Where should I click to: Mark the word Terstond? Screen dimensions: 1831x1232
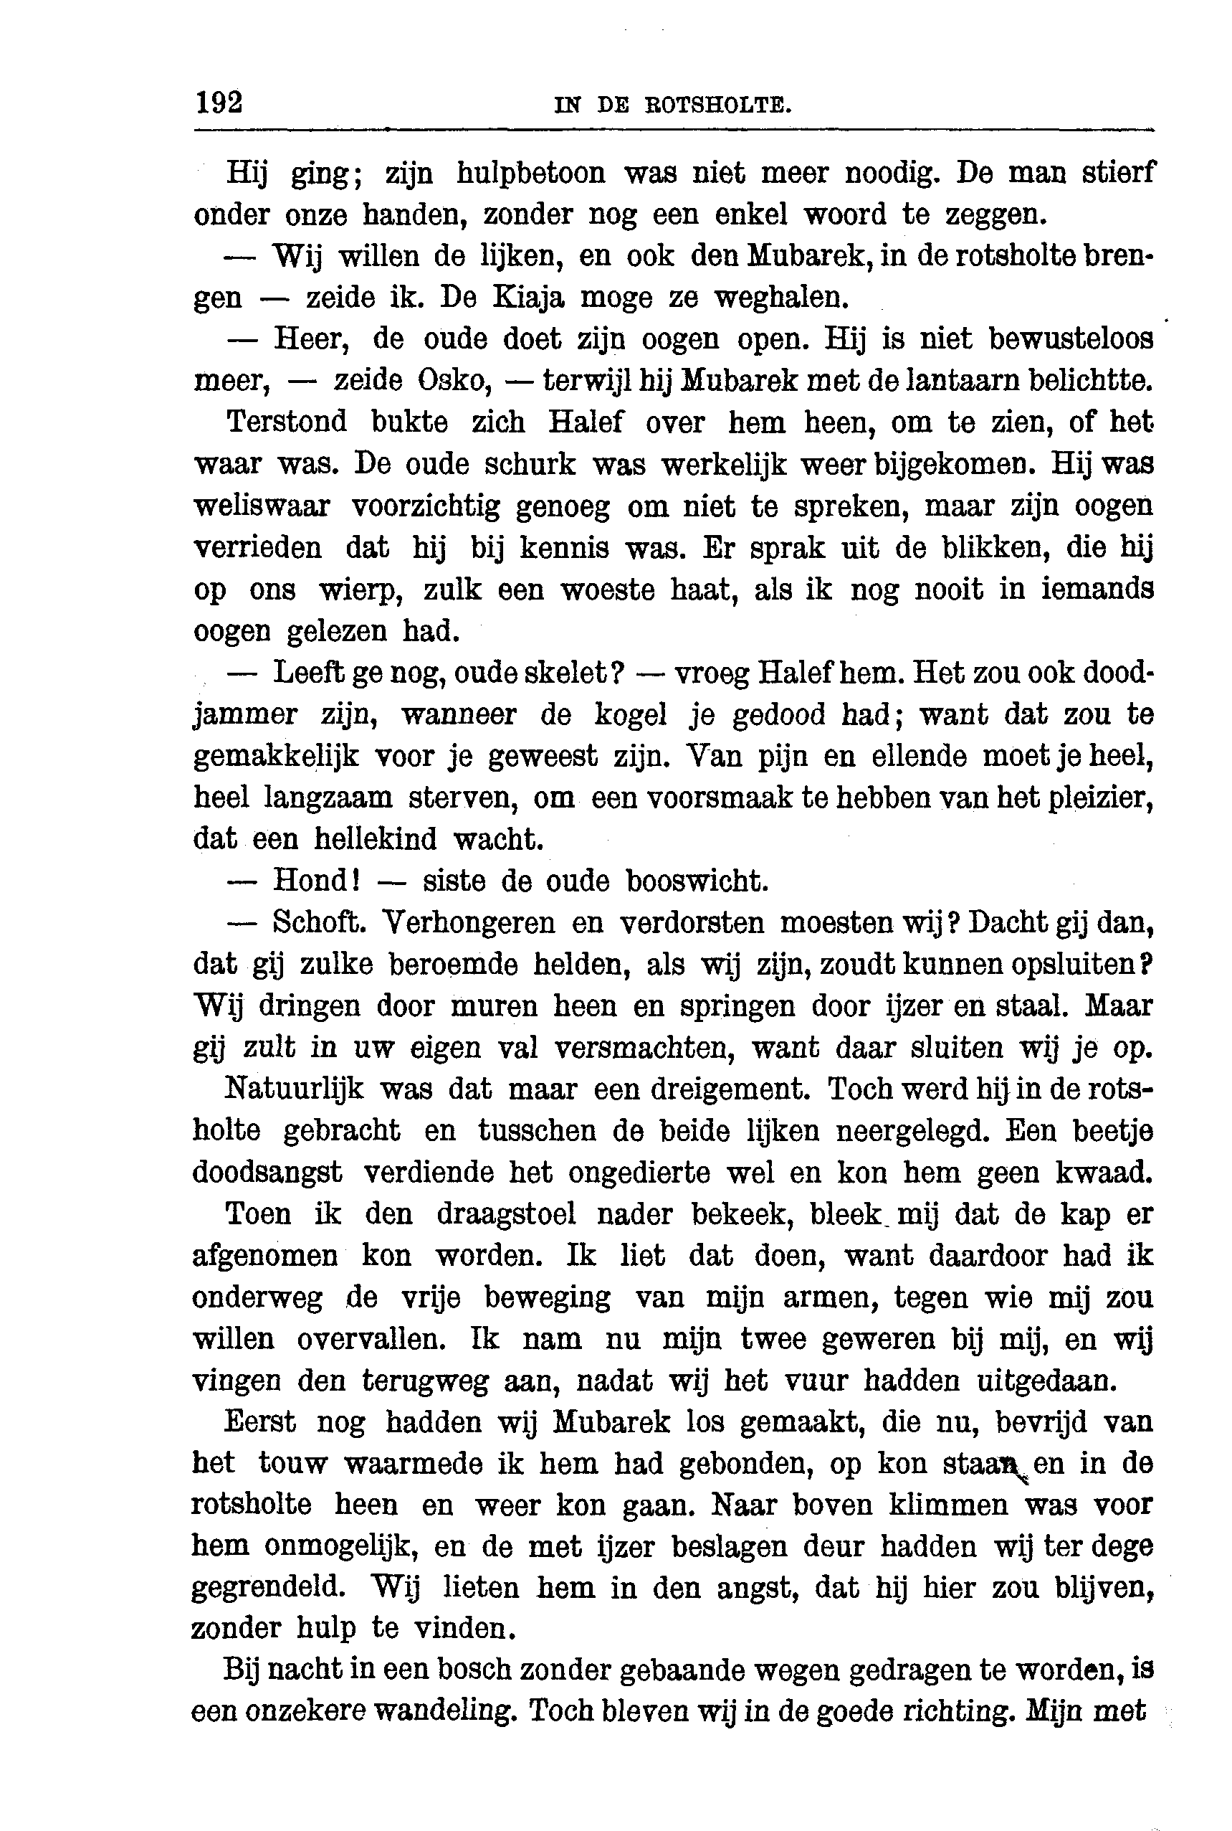click(x=286, y=422)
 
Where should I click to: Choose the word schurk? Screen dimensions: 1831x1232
click(x=529, y=465)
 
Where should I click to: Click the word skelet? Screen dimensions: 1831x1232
click(x=576, y=673)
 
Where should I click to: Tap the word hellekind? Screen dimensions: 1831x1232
click(x=375, y=840)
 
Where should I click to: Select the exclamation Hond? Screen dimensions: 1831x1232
click(x=316, y=881)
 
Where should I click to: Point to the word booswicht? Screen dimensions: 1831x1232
click(x=696, y=881)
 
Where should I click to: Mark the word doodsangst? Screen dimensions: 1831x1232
click(x=267, y=1173)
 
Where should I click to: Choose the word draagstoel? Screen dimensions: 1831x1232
click(x=506, y=1215)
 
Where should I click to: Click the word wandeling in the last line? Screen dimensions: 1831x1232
click(x=439, y=1711)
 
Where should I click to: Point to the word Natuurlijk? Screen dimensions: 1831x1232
click(x=295, y=1089)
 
